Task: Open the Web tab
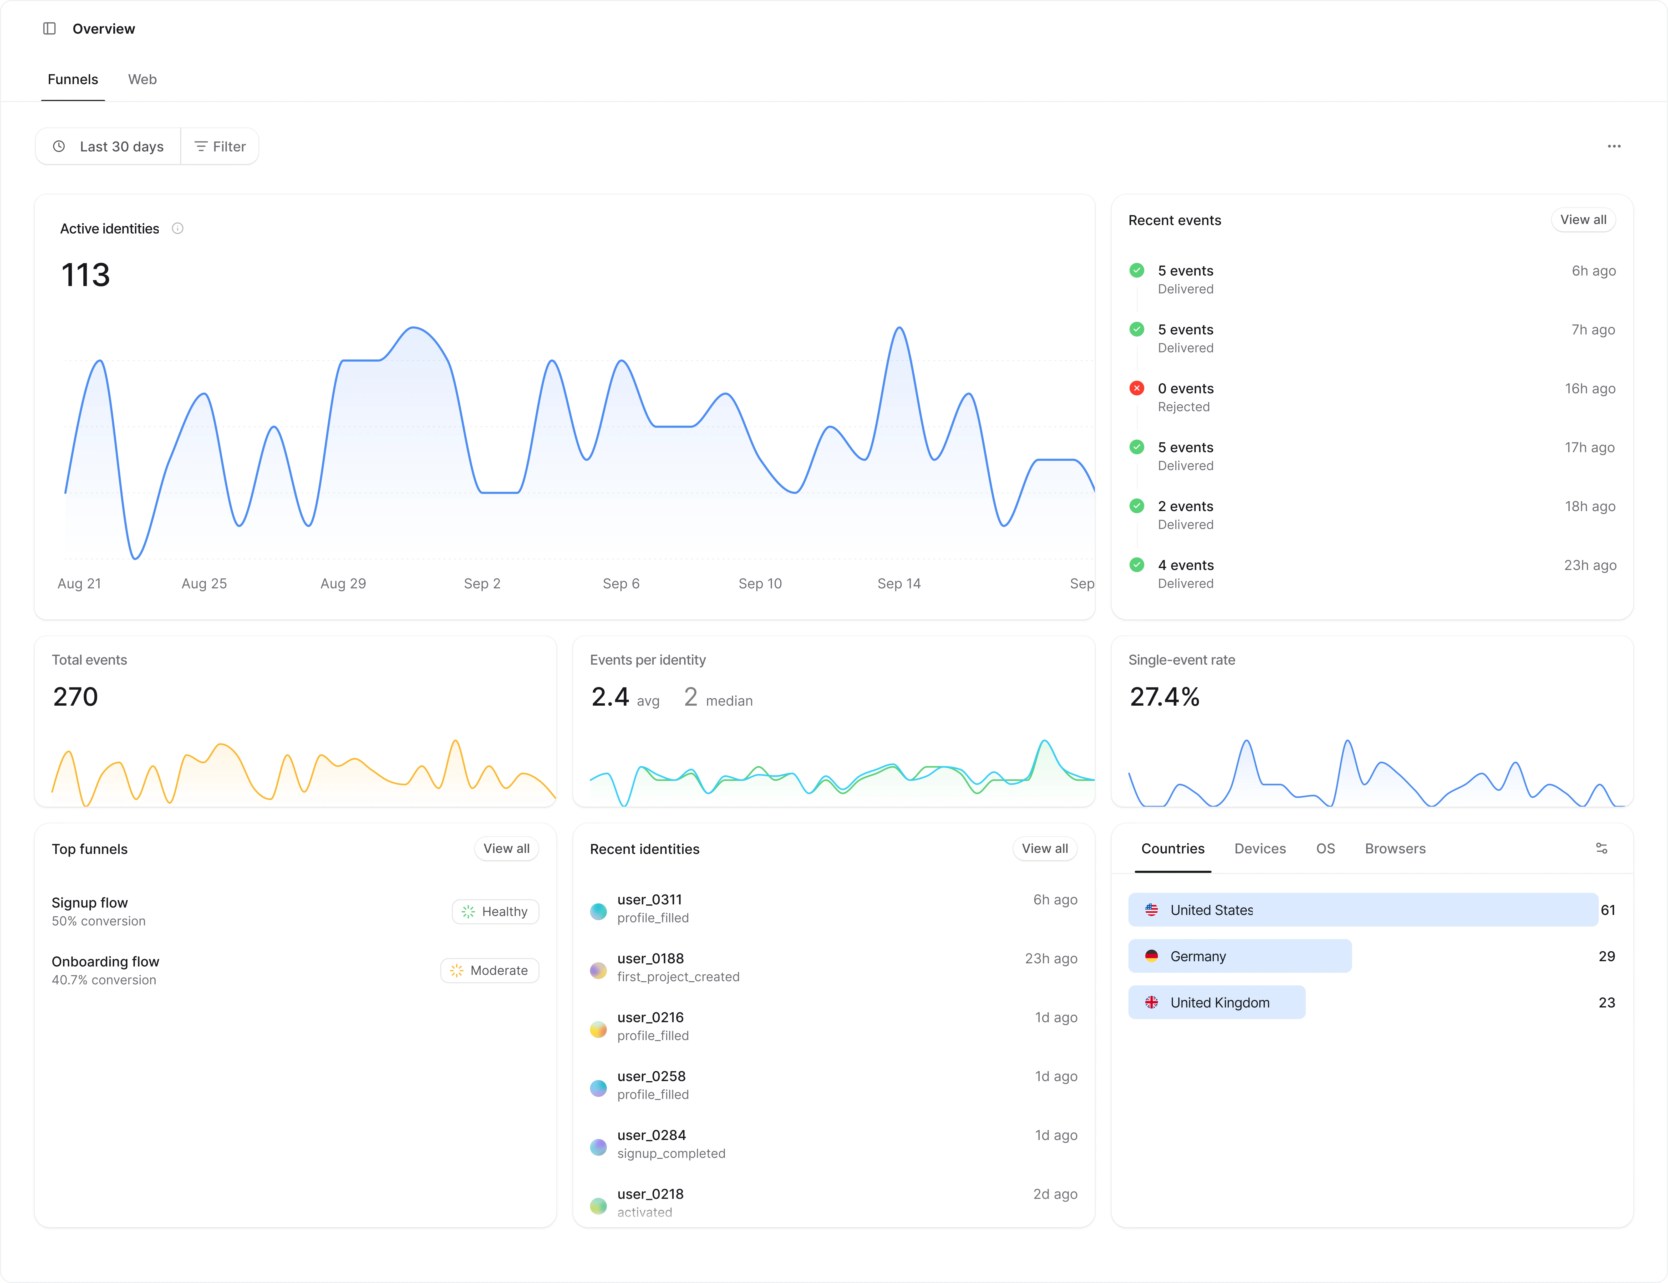click(142, 79)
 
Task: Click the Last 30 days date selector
click(108, 147)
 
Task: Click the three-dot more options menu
click(1614, 147)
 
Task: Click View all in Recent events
click(1583, 220)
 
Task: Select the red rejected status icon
click(1136, 388)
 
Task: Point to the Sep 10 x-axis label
click(760, 583)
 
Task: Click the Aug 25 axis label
click(204, 583)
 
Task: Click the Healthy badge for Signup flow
click(496, 912)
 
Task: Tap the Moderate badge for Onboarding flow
click(490, 971)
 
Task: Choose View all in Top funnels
click(506, 848)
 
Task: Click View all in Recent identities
click(1045, 848)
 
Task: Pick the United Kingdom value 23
click(1607, 1003)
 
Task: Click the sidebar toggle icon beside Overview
click(50, 28)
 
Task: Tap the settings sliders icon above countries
click(1601, 848)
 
